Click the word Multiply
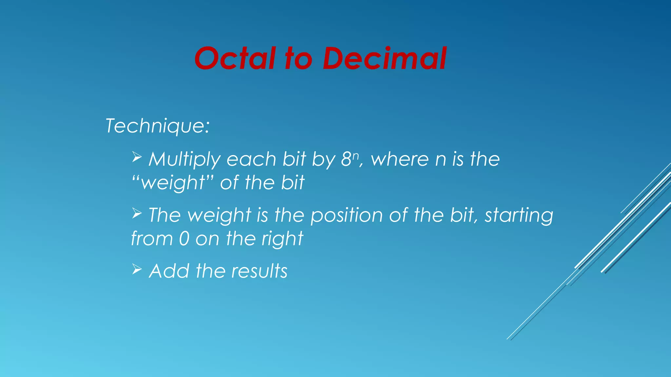pos(185,160)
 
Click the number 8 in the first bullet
pos(346,159)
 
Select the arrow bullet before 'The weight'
pos(137,213)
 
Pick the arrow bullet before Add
pos(137,269)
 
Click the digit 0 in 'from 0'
pos(184,239)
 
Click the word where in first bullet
pos(400,159)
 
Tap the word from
pos(151,239)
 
